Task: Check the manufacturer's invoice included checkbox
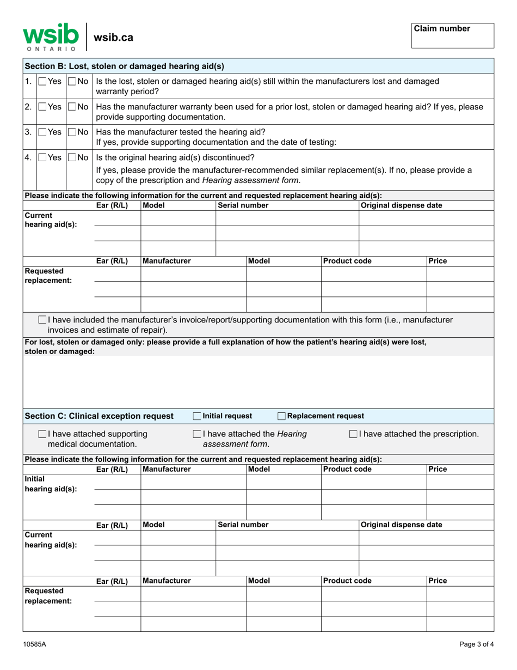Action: point(42,319)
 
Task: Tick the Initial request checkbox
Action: point(198,416)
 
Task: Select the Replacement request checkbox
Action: point(281,416)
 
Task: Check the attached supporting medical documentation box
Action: point(42,434)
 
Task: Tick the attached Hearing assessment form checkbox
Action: point(197,434)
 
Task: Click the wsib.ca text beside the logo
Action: point(113,37)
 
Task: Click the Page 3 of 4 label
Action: point(476,644)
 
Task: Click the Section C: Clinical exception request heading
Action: point(99,416)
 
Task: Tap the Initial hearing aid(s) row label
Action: point(50,483)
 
